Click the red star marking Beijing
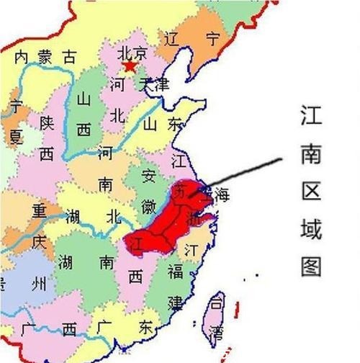coord(130,67)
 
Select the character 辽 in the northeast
coord(171,37)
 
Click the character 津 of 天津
coord(161,84)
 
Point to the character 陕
coord(46,123)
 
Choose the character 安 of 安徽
coord(148,176)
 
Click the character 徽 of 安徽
coord(149,207)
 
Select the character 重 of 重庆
coord(38,212)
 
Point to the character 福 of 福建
coord(176,272)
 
